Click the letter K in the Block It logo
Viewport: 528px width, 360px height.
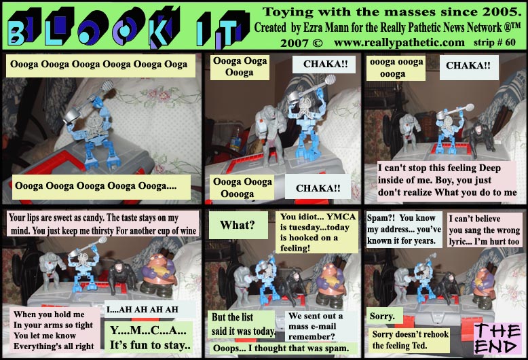(x=165, y=29)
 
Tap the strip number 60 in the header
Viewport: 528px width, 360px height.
(x=510, y=42)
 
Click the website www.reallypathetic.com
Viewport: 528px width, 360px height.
(x=399, y=43)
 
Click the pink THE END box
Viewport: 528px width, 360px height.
(x=497, y=338)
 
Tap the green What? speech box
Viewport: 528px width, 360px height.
(x=238, y=225)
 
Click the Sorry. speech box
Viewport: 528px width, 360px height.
(x=382, y=316)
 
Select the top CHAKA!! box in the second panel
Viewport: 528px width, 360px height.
(x=324, y=65)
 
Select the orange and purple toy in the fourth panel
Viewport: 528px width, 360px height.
(x=158, y=274)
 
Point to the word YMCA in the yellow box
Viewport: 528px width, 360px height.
(x=341, y=217)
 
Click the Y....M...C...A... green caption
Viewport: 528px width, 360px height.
(x=149, y=338)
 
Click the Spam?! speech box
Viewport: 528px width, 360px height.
(x=404, y=229)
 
